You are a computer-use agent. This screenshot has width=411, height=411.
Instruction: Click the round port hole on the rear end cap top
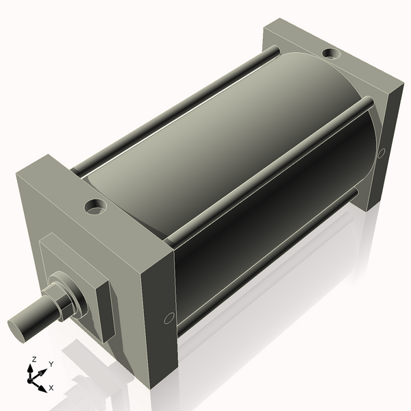329,52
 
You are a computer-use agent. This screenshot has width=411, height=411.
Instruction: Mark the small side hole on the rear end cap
382,152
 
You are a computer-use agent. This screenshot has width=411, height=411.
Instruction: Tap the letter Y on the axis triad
51,364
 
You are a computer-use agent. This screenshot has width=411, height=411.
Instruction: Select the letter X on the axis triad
51,388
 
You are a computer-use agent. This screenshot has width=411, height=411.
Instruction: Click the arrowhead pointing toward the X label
42,384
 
